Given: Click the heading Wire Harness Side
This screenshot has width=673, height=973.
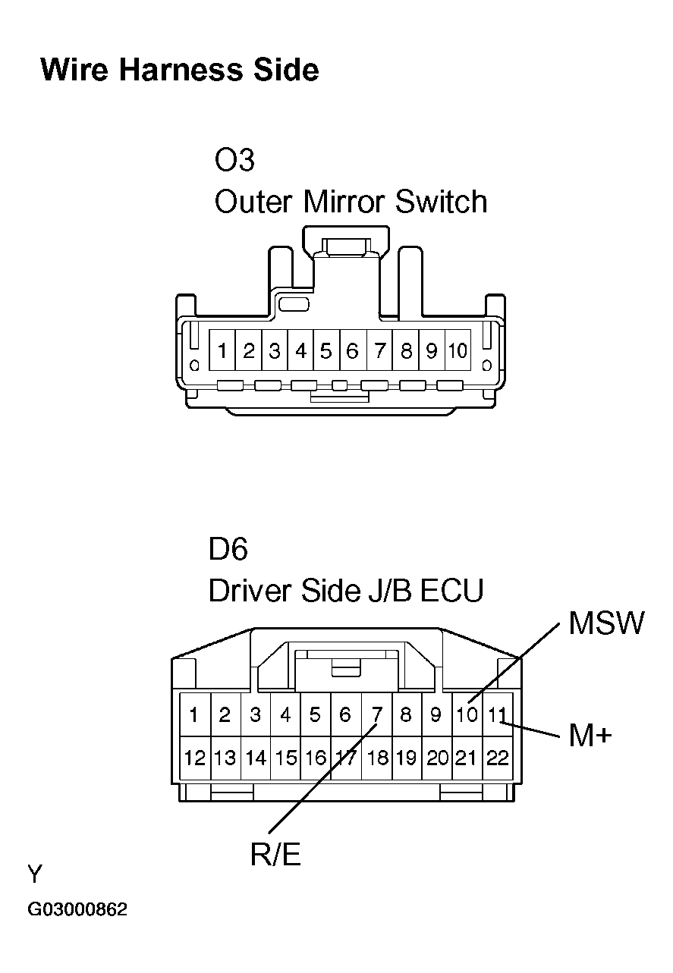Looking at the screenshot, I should point(180,71).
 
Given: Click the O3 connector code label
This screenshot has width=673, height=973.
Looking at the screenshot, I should point(234,161).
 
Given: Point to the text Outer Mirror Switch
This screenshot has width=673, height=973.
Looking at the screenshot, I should point(351,202).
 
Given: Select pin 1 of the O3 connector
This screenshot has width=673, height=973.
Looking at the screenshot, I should point(222,351).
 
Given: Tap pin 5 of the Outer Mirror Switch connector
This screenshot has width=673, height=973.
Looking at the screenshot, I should point(326,351).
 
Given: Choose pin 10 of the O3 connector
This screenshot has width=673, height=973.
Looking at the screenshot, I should point(458,351).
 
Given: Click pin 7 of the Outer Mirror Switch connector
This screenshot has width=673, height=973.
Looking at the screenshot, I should point(379,351).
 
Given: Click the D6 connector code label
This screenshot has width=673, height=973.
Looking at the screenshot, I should point(228,549).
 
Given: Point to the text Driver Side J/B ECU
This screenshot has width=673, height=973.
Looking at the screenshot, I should point(345,591).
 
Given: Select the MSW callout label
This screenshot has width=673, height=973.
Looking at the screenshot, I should point(605,623).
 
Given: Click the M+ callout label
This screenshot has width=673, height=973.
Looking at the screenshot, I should point(590,734).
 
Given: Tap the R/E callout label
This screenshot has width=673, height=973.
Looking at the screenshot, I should point(275,855).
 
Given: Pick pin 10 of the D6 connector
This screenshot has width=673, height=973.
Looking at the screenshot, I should point(467,714).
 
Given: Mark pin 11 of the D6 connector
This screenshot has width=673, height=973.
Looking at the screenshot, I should point(497,714).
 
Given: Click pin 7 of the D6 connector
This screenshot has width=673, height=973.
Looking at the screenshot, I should point(376,714).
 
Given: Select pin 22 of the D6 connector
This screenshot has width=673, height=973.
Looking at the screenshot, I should point(497,758).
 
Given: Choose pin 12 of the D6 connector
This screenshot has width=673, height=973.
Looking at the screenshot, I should point(195,758).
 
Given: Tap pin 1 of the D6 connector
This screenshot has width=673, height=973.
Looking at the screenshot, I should point(195,714).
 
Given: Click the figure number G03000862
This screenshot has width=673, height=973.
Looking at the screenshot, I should point(77,909).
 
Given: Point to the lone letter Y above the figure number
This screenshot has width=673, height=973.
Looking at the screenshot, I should point(35,875).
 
